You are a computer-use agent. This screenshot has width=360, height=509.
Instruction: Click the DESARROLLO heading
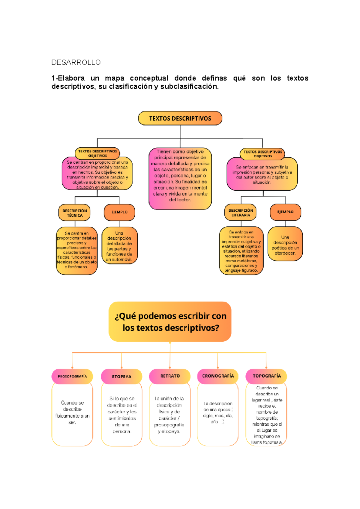76,62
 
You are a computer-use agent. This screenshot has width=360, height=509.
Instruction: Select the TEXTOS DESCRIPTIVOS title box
180,118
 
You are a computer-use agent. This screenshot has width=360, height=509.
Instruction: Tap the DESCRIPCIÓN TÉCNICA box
74,213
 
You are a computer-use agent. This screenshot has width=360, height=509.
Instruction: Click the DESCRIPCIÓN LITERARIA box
241,213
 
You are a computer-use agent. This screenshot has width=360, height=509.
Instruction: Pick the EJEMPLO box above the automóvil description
119,212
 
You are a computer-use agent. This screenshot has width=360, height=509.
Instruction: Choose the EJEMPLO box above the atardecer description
285,212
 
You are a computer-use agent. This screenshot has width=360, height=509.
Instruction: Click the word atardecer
285,253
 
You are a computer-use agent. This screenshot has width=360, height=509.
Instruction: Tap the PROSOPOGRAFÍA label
72,376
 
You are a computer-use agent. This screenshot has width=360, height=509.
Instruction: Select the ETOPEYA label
121,377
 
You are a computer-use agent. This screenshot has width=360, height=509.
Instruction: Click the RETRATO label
170,376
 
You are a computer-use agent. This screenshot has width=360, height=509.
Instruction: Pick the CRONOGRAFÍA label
218,376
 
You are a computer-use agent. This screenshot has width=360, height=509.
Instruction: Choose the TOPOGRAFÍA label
266,376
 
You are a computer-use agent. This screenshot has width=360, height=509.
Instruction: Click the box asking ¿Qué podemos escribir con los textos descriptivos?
170,322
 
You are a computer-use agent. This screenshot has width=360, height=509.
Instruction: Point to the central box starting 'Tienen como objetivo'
180,178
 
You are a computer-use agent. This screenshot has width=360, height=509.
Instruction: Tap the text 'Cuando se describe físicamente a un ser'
72,412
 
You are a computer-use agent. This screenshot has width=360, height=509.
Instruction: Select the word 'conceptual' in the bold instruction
149,78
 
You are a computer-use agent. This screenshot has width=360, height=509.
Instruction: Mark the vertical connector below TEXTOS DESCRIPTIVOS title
180,132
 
